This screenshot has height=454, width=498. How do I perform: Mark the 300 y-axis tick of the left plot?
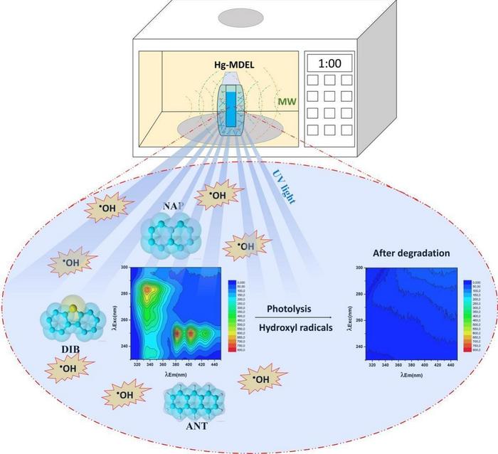[x=124, y=268]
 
